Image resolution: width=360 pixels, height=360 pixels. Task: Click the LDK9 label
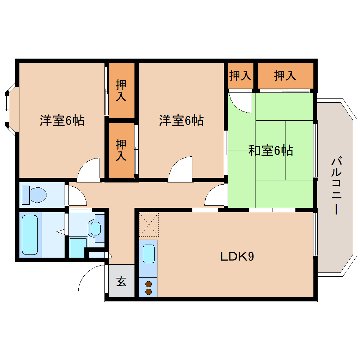[237, 257]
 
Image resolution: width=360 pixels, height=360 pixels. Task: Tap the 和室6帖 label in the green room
[270, 151]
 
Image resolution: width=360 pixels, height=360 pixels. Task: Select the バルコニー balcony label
[336, 186]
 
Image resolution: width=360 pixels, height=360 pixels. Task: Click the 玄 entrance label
[121, 282]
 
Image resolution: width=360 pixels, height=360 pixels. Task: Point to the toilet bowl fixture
[35, 194]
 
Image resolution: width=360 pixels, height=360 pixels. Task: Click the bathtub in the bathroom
[30, 235]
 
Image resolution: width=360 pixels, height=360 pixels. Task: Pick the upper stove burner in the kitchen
[149, 284]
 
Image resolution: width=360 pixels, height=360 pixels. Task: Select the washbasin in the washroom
[96, 228]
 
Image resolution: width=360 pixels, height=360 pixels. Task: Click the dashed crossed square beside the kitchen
[149, 224]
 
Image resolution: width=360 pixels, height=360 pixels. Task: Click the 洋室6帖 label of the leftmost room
[62, 121]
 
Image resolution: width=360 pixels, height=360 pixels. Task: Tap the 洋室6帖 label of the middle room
[181, 121]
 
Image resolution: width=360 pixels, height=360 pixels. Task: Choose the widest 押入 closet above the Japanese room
[285, 75]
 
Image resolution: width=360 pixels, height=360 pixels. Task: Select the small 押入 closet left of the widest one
[240, 75]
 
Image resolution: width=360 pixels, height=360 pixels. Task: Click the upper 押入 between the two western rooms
[121, 90]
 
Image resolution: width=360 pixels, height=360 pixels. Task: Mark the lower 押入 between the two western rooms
[121, 150]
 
